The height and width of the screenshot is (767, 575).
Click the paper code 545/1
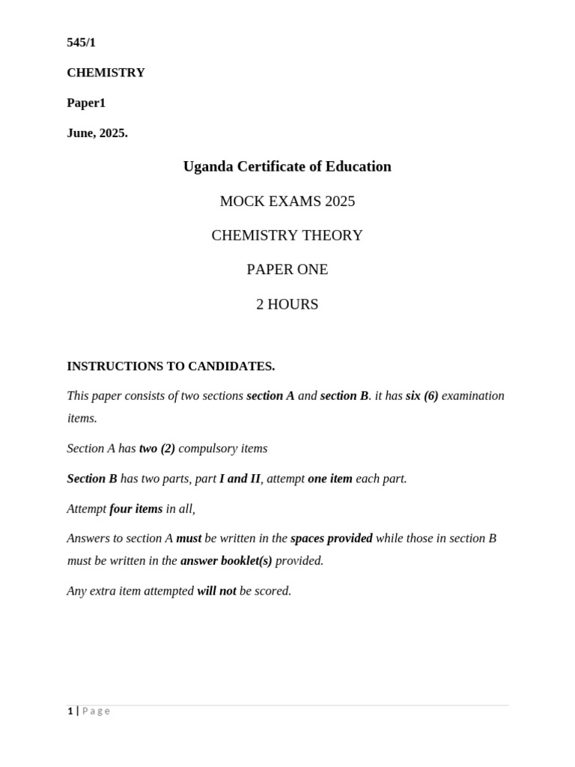click(x=81, y=43)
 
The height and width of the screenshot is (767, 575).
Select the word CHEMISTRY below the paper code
click(x=106, y=73)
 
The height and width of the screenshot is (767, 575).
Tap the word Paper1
click(x=86, y=103)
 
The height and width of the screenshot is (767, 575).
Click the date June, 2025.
click(x=97, y=133)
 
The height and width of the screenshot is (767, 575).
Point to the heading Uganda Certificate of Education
click(x=287, y=166)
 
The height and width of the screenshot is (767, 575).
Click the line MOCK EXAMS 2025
click(x=287, y=201)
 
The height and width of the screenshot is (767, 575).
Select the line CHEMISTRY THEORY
click(x=287, y=235)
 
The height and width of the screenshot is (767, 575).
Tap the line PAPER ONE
click(x=287, y=269)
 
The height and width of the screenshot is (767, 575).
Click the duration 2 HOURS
click(x=287, y=304)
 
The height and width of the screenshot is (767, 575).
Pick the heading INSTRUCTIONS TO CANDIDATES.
click(x=171, y=366)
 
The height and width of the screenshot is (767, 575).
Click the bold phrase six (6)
click(x=422, y=395)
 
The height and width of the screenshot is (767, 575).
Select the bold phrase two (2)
click(x=157, y=448)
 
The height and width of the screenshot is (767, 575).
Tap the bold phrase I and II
click(x=240, y=478)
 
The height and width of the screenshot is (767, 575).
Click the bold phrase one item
click(x=329, y=478)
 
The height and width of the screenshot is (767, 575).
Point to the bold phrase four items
click(x=136, y=509)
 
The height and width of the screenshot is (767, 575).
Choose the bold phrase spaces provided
click(x=331, y=538)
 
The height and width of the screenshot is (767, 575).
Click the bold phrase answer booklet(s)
click(x=226, y=560)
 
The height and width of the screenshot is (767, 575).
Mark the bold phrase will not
click(x=216, y=590)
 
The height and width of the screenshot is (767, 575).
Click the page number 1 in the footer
click(x=70, y=711)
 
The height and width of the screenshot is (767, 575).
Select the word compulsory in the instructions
click(x=206, y=448)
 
